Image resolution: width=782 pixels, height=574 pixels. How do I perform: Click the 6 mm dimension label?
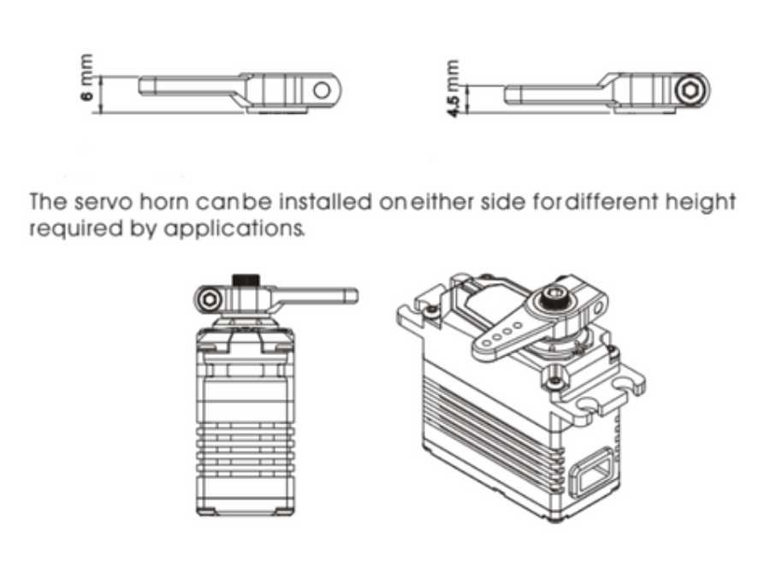click(86, 77)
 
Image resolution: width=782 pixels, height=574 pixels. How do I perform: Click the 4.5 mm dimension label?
click(453, 89)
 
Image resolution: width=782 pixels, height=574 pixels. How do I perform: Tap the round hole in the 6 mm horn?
click(323, 91)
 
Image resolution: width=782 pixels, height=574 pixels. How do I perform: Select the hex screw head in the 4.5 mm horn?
click(690, 91)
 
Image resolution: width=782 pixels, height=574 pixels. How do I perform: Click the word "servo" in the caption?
click(104, 202)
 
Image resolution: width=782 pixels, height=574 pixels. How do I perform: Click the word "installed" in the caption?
click(325, 202)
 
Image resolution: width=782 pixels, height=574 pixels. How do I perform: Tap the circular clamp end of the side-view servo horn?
click(210, 299)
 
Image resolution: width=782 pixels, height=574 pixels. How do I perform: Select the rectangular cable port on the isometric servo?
click(591, 473)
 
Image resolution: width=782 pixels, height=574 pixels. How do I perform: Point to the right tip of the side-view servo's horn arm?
click(357, 296)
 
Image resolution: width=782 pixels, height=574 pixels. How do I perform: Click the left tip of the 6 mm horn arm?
click(139, 86)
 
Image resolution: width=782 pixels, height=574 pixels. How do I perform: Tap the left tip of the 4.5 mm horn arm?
click(506, 94)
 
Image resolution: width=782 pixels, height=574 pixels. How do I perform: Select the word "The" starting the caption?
click(49, 202)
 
